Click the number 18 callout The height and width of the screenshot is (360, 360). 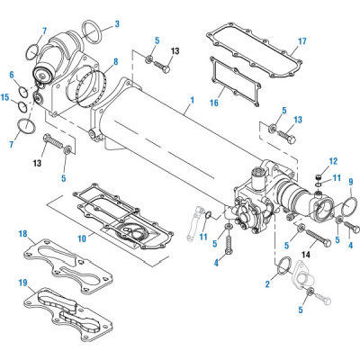tap(21, 234)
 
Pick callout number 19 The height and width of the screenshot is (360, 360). tap(21, 282)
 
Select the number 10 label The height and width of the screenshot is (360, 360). tap(81, 240)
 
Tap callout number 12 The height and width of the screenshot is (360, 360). tap(332, 162)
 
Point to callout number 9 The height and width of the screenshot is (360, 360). tap(352, 183)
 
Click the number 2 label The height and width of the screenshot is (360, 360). tap(267, 285)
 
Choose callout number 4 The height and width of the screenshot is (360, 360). tap(216, 263)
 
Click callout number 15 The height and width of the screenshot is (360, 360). tap(6, 96)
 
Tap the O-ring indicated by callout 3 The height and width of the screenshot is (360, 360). tap(92, 36)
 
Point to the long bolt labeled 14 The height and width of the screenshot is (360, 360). tap(310, 236)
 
